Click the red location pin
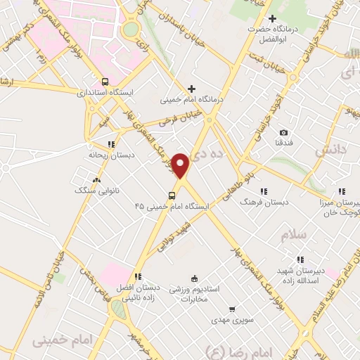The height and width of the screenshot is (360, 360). (181, 165)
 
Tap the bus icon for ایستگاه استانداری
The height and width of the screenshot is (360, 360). (105, 81)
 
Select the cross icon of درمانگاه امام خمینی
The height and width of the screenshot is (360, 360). (191, 89)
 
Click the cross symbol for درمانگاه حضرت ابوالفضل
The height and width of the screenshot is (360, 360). (273, 19)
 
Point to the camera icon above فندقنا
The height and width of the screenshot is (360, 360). (283, 133)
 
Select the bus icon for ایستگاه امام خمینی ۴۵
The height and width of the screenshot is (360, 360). (172, 196)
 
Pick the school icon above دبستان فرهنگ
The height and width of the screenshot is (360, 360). (264, 191)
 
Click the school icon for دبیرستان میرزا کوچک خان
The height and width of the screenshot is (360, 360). (342, 191)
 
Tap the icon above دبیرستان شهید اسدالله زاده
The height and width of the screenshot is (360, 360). (300, 259)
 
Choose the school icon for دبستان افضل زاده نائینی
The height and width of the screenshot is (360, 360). (138, 276)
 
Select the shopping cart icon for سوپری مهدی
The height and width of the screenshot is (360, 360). (231, 309)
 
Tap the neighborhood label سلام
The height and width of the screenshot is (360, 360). (295, 235)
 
